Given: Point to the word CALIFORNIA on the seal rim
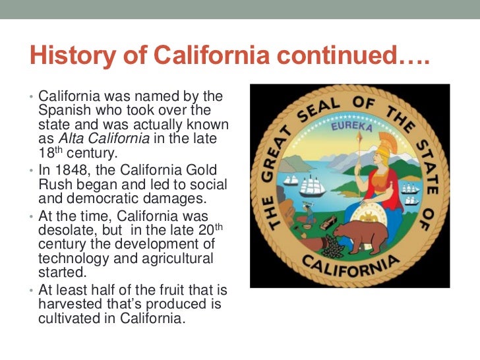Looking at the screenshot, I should coord(351,269).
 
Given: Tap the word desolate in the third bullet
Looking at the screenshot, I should coord(68,230).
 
